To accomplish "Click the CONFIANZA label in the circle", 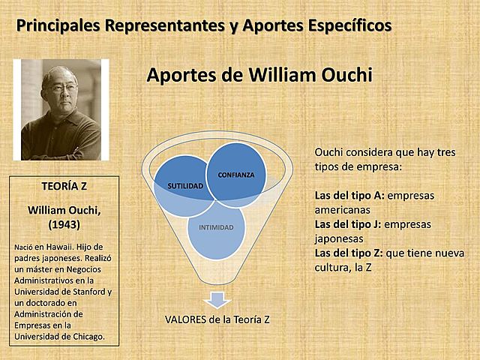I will click(x=235, y=175).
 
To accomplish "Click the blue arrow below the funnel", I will click(x=217, y=299).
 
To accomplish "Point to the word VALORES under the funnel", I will click(x=186, y=319).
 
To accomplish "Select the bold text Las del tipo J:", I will click(x=349, y=224).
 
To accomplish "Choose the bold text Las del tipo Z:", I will click(x=349, y=253).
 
